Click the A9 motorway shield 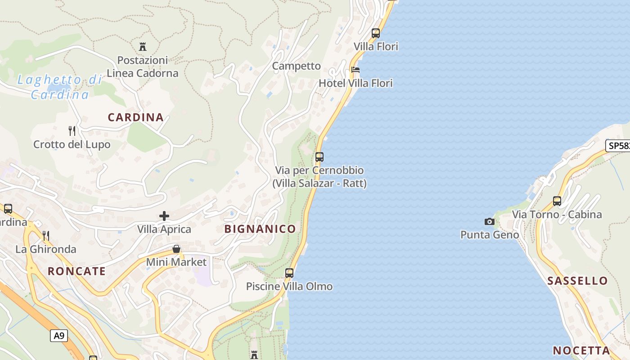click(x=59, y=335)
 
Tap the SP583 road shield click(x=618, y=146)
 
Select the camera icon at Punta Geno click(x=489, y=221)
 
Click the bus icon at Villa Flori click(x=376, y=33)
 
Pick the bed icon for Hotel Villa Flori click(x=355, y=70)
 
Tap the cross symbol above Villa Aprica click(x=164, y=216)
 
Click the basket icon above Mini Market click(x=176, y=249)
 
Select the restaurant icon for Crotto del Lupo click(x=72, y=131)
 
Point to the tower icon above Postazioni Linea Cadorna click(x=143, y=46)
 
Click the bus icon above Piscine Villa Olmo click(x=289, y=273)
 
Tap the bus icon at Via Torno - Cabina click(x=557, y=201)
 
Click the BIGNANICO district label click(x=260, y=229)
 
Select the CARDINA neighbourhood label click(x=135, y=117)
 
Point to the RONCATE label click(x=76, y=271)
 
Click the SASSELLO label click(x=577, y=281)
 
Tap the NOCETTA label click(x=581, y=351)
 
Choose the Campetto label click(x=297, y=66)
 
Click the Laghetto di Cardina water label click(x=60, y=87)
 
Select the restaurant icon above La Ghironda click(x=45, y=235)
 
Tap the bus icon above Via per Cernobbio click(x=319, y=157)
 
